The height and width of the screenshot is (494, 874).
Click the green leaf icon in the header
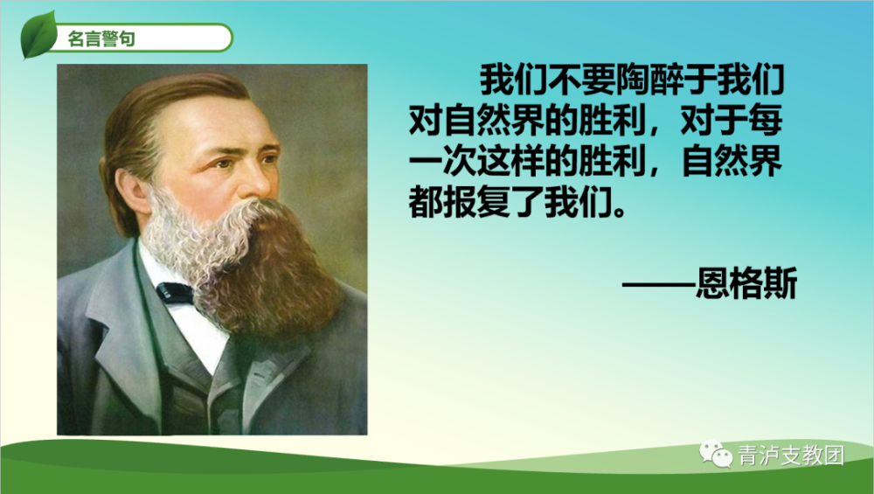(38, 35)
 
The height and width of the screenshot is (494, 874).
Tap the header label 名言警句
(101, 38)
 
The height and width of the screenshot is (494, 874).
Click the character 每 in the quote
(766, 120)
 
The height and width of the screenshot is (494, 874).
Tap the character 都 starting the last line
(426, 202)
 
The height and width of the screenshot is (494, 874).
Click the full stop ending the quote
(618, 212)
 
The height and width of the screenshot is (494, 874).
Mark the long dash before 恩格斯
(659, 284)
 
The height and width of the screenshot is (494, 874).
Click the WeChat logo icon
(716, 454)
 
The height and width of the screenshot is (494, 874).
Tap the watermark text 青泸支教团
(791, 455)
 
